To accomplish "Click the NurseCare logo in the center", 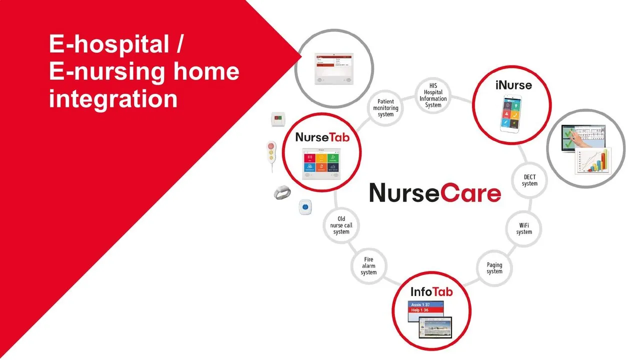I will tap(434, 192).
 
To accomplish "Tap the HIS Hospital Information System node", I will tap(433, 95).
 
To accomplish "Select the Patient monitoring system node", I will tap(385, 108).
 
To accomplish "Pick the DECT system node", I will tap(529, 180).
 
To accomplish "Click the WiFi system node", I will tap(524, 228).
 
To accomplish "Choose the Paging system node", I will tap(494, 268).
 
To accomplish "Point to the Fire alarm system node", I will tap(368, 266).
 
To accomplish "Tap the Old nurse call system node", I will tap(341, 225).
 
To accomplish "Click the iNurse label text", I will tap(513, 85).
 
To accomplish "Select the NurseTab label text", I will tap(322, 137).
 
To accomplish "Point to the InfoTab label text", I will tap(431, 291).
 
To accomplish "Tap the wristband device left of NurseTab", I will tap(282, 193).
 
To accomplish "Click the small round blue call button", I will tap(305, 206).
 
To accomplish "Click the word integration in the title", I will tap(113, 98).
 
